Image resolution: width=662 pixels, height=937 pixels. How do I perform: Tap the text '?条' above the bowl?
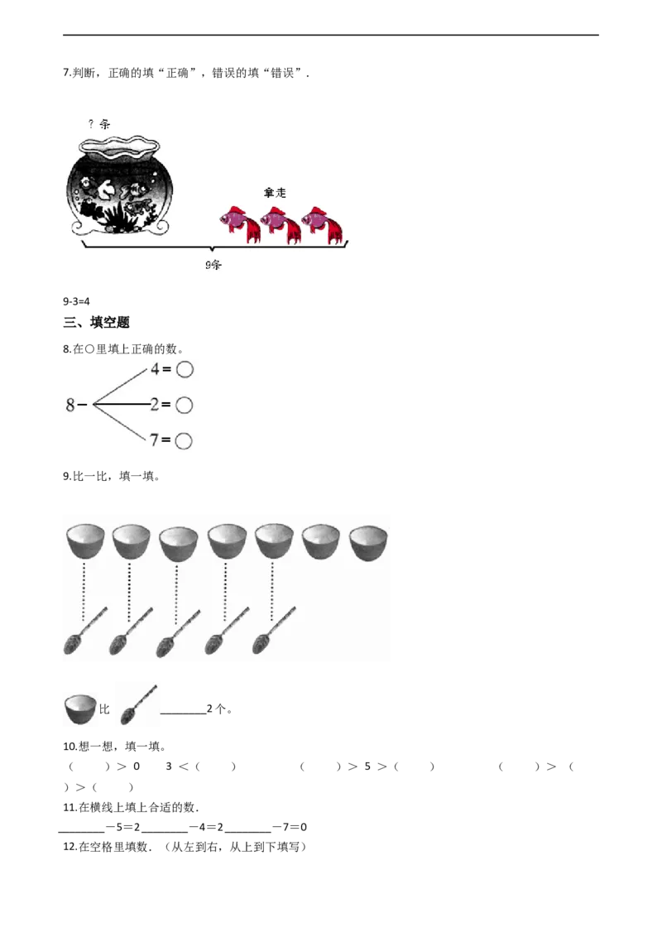pos(99,124)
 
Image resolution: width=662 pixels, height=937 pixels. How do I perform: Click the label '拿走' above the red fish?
pos(275,192)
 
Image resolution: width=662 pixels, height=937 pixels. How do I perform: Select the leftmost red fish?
pos(241,223)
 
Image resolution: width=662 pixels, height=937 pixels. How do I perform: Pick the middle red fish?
pos(281,223)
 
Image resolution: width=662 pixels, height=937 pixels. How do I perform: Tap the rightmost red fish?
pos(322,223)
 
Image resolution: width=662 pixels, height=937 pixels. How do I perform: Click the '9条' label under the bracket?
pos(213,265)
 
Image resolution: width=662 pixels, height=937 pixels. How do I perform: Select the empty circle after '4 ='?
pos(185,370)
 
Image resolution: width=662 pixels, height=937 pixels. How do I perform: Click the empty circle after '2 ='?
pos(185,405)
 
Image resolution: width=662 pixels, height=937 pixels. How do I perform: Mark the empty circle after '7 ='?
pos(185,440)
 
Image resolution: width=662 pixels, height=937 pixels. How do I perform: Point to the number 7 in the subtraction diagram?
pos(155,440)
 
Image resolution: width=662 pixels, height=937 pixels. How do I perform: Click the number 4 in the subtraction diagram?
pos(155,370)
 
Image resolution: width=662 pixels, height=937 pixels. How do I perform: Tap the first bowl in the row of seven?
pos(85,542)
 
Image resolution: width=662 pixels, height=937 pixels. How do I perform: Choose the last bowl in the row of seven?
pos(369,542)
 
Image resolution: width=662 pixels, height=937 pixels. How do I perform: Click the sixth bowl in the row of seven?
pos(322,542)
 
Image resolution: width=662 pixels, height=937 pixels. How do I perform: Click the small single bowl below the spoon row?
pos(79,709)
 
